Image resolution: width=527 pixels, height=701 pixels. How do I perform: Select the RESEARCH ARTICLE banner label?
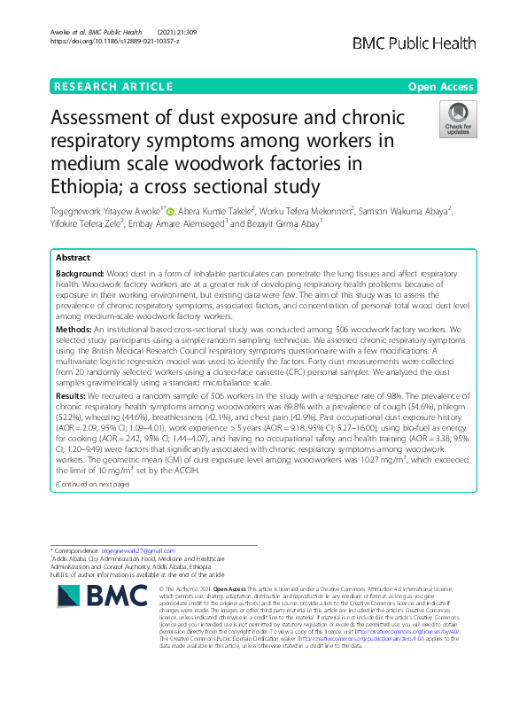coord(112,86)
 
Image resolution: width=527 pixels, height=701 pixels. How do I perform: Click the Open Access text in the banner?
coord(441,86)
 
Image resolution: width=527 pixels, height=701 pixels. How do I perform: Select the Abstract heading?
coord(74,257)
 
